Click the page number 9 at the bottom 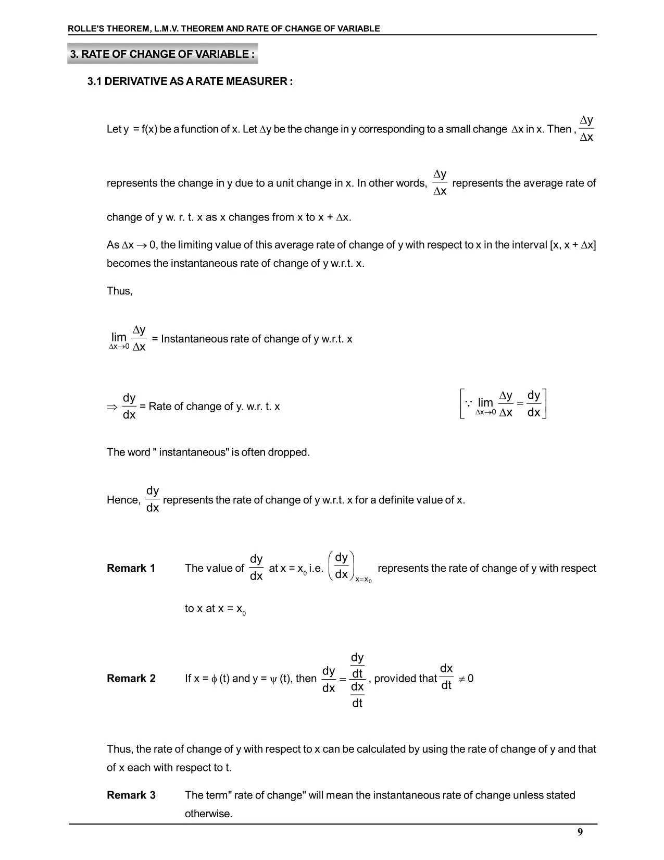click(x=580, y=832)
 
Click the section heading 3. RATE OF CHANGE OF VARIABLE click(x=162, y=54)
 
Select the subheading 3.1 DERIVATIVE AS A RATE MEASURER click(x=190, y=81)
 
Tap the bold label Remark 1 click(x=131, y=568)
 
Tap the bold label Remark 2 click(x=131, y=678)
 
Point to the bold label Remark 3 click(x=131, y=795)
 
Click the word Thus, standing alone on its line click(x=119, y=291)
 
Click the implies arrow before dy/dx click(x=112, y=407)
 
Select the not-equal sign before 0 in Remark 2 click(x=461, y=679)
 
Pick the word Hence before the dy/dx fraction click(x=123, y=500)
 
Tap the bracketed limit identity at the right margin click(x=503, y=404)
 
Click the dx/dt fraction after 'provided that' click(x=446, y=677)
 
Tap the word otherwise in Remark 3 click(x=208, y=814)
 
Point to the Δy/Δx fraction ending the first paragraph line click(x=586, y=129)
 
